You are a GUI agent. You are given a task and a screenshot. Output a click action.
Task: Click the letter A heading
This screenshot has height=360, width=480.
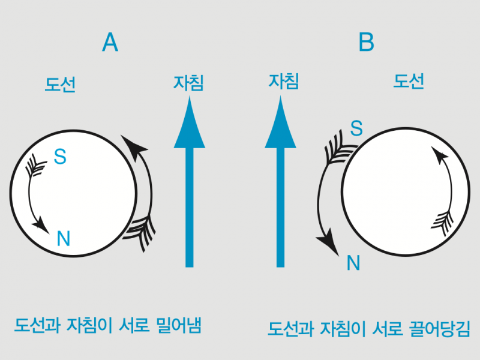[110, 42]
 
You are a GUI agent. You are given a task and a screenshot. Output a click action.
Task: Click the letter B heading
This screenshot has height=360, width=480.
[366, 41]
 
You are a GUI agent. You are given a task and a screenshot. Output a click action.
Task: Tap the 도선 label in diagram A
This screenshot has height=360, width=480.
[60, 84]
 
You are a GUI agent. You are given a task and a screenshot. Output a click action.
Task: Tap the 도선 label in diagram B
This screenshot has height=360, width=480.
[409, 82]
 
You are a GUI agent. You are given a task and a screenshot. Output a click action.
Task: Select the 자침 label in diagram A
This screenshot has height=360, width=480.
[188, 83]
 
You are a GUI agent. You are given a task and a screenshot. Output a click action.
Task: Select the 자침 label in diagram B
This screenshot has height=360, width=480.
[283, 81]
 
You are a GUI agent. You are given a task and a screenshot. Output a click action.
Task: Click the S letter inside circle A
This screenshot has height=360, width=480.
[60, 157]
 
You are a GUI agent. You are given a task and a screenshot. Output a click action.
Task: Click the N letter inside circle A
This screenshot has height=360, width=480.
[64, 238]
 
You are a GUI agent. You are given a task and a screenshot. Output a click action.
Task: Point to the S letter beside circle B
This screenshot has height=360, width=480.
[356, 128]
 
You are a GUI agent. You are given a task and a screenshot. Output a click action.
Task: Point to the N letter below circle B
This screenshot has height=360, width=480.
[353, 263]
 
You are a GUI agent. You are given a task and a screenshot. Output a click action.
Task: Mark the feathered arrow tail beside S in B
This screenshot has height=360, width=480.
[339, 148]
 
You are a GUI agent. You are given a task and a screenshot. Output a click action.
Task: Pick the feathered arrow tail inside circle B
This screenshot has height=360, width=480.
[442, 223]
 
